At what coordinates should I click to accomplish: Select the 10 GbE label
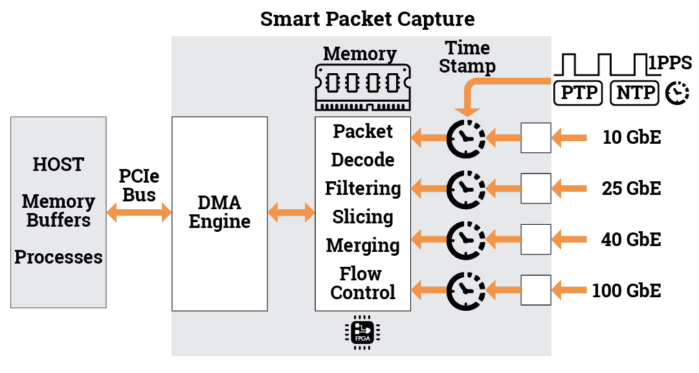click(x=631, y=137)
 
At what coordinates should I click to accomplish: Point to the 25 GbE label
click(x=631, y=188)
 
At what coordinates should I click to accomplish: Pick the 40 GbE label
click(x=631, y=239)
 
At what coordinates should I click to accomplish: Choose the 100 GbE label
click(x=627, y=290)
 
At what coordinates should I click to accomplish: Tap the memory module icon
click(x=362, y=87)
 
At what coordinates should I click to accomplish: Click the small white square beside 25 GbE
click(x=536, y=188)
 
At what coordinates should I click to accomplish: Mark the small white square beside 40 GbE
click(x=536, y=239)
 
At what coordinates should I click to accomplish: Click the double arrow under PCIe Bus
click(x=139, y=212)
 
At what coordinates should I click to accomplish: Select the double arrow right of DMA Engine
click(x=291, y=212)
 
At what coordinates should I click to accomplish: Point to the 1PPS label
click(x=670, y=63)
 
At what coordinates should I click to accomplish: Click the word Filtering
click(x=362, y=188)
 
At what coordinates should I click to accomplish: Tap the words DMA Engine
click(x=220, y=212)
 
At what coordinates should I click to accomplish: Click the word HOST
click(x=58, y=164)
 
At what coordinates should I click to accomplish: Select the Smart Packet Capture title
click(x=367, y=18)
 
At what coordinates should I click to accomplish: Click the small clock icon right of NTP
click(x=678, y=93)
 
